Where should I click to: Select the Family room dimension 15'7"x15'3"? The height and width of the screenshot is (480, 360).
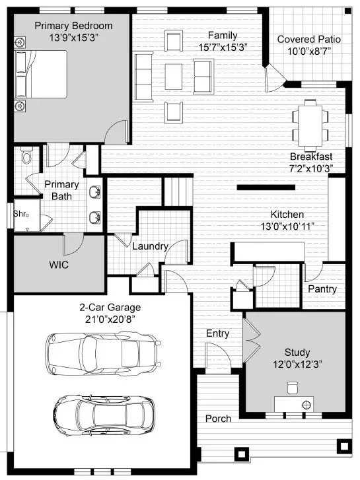coord(223,48)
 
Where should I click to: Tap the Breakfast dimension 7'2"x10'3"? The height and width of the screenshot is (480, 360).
coord(310,168)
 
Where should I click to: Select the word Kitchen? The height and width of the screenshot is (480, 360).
coord(287,215)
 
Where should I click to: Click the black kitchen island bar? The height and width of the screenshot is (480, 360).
coord(265,188)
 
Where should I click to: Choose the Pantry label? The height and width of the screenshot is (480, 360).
coord(322,289)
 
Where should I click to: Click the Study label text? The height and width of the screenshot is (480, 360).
coord(297,353)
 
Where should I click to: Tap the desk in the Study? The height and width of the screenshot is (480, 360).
coord(295,403)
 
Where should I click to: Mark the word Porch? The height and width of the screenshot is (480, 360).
coord(218,419)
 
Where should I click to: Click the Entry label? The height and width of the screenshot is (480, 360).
coord(217,334)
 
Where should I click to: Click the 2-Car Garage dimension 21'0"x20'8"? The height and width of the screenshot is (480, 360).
coord(110,320)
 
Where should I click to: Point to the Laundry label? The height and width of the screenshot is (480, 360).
coord(150,247)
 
